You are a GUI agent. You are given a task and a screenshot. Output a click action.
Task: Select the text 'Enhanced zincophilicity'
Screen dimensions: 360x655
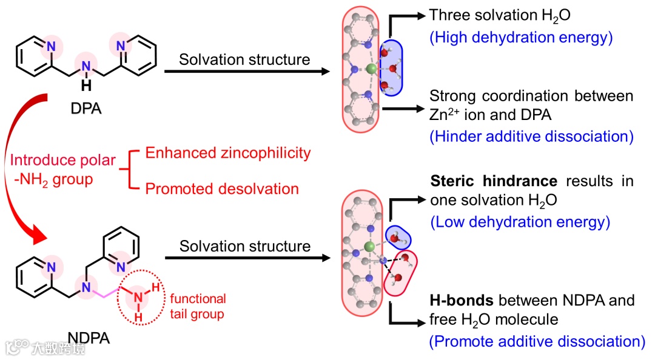pyautogui.click(x=228, y=153)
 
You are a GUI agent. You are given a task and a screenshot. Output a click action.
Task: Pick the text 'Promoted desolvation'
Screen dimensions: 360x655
pyautogui.click(x=222, y=188)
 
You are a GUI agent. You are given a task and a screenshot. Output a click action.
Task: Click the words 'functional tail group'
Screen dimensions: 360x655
pyautogui.click(x=198, y=306)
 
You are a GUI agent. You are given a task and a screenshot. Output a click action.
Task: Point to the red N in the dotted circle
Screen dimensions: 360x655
pyautogui.click(x=138, y=297)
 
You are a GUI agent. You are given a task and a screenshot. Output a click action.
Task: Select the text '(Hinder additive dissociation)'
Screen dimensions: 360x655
pyautogui.click(x=531, y=136)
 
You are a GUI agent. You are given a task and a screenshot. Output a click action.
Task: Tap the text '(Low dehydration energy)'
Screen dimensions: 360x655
pyautogui.click(x=519, y=222)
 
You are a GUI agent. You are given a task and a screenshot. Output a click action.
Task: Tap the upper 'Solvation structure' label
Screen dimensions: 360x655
pyautogui.click(x=244, y=59)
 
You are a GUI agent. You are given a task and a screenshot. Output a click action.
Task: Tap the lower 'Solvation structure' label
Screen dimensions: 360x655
pyautogui.click(x=244, y=246)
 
